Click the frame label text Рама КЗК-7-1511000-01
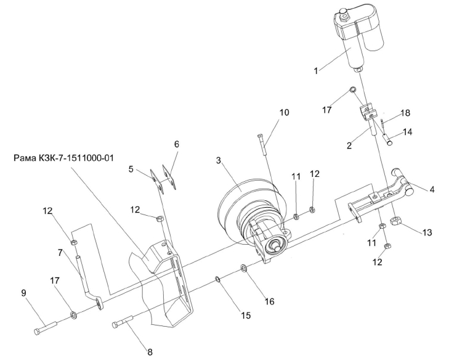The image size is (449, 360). (x=63, y=158)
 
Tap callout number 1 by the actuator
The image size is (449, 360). (x=316, y=71)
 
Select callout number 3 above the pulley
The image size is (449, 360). (x=219, y=160)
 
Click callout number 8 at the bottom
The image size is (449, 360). (x=150, y=352)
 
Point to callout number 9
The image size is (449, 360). (x=24, y=293)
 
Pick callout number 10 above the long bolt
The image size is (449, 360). (x=284, y=112)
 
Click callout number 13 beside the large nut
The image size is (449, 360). (x=427, y=232)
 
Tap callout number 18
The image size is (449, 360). (x=405, y=113)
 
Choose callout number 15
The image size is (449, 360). (x=246, y=315)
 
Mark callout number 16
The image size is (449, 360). (x=269, y=301)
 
